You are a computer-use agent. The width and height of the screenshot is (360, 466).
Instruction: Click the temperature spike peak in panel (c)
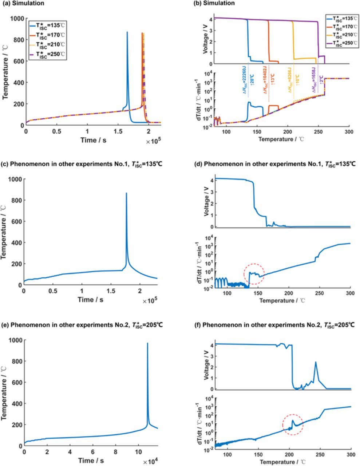(x=126, y=193)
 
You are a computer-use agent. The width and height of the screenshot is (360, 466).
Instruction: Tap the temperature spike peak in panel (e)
(x=147, y=343)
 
